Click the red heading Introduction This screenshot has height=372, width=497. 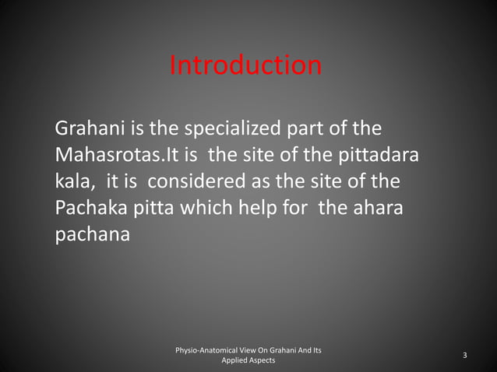245,65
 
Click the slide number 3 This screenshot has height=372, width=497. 464,356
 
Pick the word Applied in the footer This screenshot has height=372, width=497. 234,361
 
